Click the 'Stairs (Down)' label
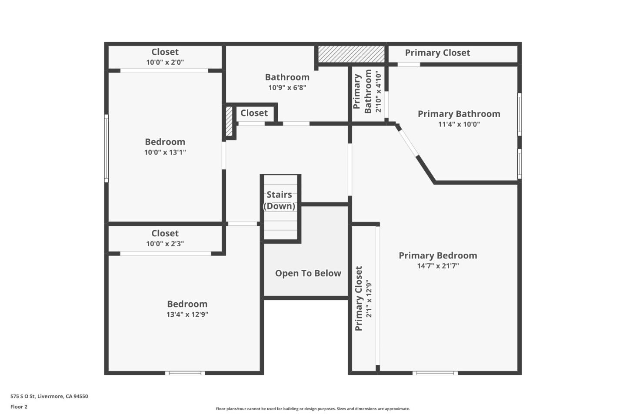coord(279,200)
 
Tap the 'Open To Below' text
coord(308,273)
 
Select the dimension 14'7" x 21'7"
coord(438,266)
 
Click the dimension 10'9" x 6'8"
coord(287,87)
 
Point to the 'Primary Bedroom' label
coord(438,255)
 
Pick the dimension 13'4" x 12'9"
coord(187,314)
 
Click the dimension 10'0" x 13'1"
coord(165,152)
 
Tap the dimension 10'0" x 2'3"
coord(165,244)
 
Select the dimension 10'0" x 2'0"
coord(165,62)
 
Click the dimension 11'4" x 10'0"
coord(459,124)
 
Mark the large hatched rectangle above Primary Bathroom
coord(351,54)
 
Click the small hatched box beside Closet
coord(229,121)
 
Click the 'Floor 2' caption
coord(19,407)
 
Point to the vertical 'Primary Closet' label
coord(359,298)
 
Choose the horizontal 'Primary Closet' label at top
coord(437,53)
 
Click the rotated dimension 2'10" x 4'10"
coord(378,92)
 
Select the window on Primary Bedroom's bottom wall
coord(435,373)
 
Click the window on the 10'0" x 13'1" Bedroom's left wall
coord(106,148)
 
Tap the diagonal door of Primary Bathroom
coord(408,141)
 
